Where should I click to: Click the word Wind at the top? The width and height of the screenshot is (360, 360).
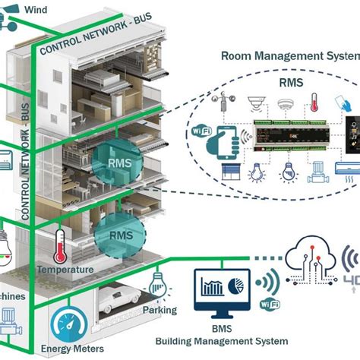[x=34, y=9]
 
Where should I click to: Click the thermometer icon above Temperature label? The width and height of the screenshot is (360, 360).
[x=59, y=245]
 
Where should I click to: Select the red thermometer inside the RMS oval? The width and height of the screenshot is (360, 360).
[x=314, y=104]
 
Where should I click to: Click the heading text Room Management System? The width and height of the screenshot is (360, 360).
[x=289, y=55]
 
